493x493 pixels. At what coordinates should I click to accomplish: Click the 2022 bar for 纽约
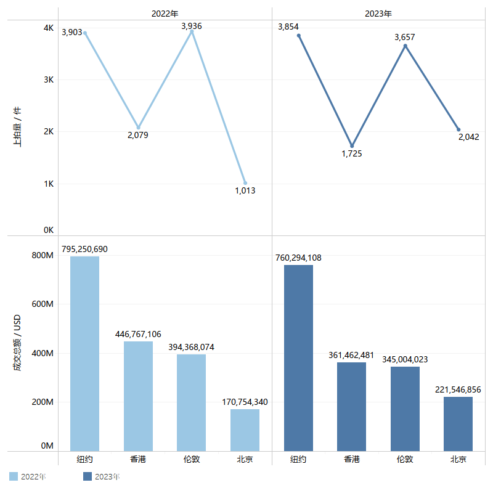[84, 353]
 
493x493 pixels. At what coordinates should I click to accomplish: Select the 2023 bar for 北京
[458, 423]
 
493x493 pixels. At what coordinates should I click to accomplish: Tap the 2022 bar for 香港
[138, 396]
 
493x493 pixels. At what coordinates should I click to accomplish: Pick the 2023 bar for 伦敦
[405, 409]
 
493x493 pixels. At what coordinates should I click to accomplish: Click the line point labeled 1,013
[245, 183]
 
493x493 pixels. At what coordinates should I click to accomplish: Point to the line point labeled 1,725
[352, 146]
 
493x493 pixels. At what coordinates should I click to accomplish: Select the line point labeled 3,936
[192, 31]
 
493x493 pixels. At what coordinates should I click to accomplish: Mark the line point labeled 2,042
[458, 129]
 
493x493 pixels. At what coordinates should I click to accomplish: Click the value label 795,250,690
[84, 249]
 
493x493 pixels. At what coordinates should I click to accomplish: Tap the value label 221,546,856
[458, 389]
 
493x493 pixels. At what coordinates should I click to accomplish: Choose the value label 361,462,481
[351, 355]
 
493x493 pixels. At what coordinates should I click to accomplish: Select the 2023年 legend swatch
[87, 476]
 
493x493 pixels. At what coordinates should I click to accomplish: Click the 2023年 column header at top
[379, 13]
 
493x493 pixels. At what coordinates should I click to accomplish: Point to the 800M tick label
[43, 256]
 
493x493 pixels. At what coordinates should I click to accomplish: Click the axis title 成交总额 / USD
[17, 343]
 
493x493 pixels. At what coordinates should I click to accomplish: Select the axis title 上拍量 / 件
[17, 126]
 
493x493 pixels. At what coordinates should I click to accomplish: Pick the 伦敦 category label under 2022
[191, 459]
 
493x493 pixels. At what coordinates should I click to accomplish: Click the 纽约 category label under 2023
[298, 459]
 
